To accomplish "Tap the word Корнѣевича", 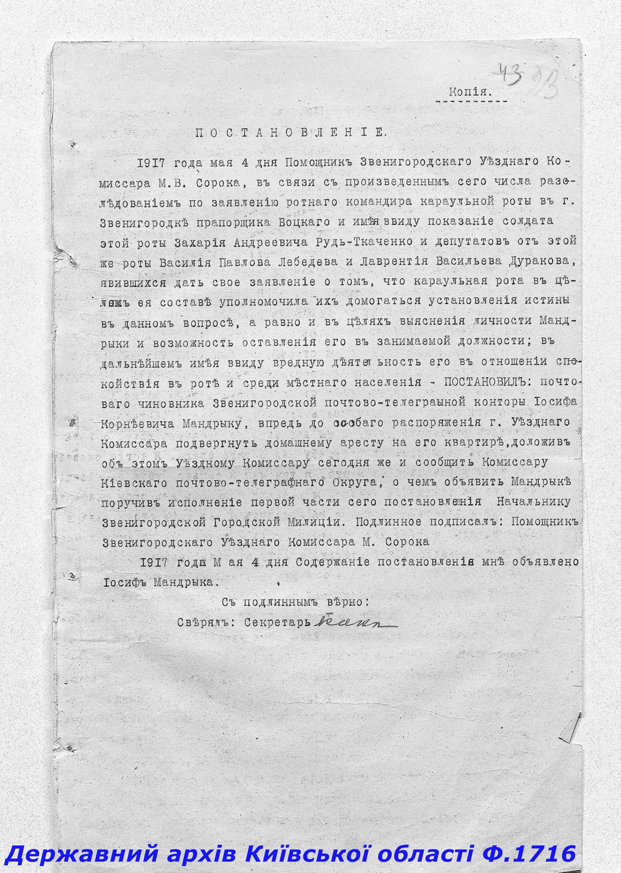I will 141,422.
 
